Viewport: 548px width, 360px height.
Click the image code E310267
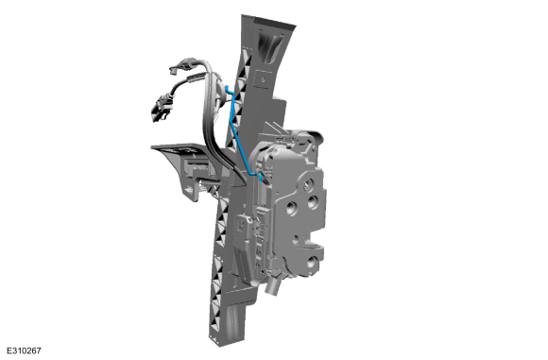[24, 351]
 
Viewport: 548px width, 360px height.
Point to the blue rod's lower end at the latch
[260, 178]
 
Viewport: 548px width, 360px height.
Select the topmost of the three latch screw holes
[309, 184]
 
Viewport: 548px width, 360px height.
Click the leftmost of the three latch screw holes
[291, 208]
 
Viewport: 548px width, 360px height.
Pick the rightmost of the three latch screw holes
[313, 201]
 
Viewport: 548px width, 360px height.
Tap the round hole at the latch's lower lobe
[311, 261]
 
